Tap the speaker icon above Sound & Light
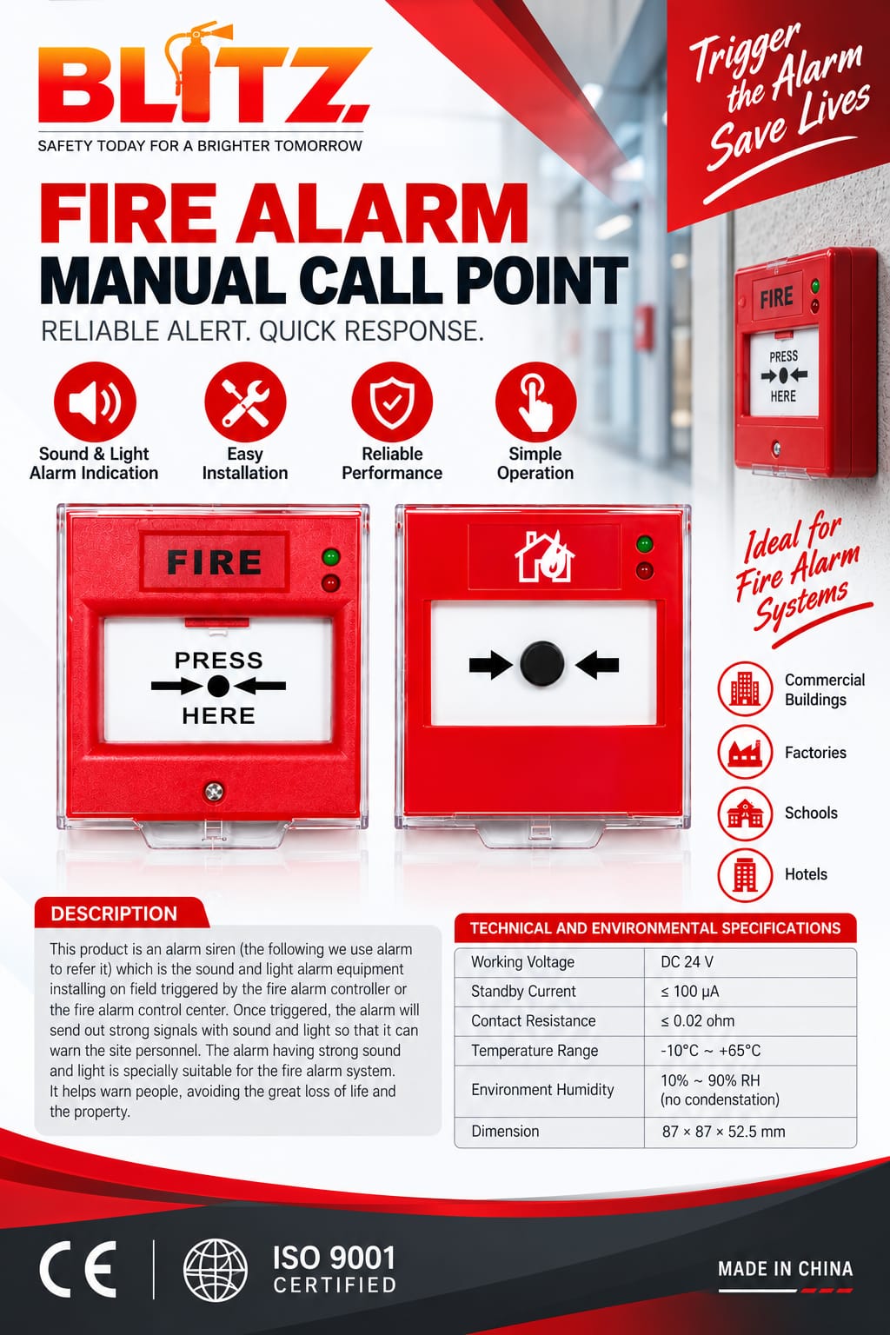[x=95, y=402]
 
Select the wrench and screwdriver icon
[x=245, y=402]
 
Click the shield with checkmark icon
[x=392, y=402]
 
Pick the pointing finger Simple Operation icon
[x=536, y=402]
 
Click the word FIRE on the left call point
[x=215, y=561]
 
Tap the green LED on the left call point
[x=331, y=557]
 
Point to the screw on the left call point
[x=214, y=792]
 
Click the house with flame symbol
[x=544, y=556]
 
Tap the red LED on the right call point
[x=644, y=570]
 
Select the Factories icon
[x=745, y=752]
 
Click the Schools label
[x=811, y=813]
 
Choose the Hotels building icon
[x=745, y=874]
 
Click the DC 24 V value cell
[x=687, y=962]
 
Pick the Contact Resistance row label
[x=533, y=1021]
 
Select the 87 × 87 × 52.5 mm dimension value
[x=723, y=1132]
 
